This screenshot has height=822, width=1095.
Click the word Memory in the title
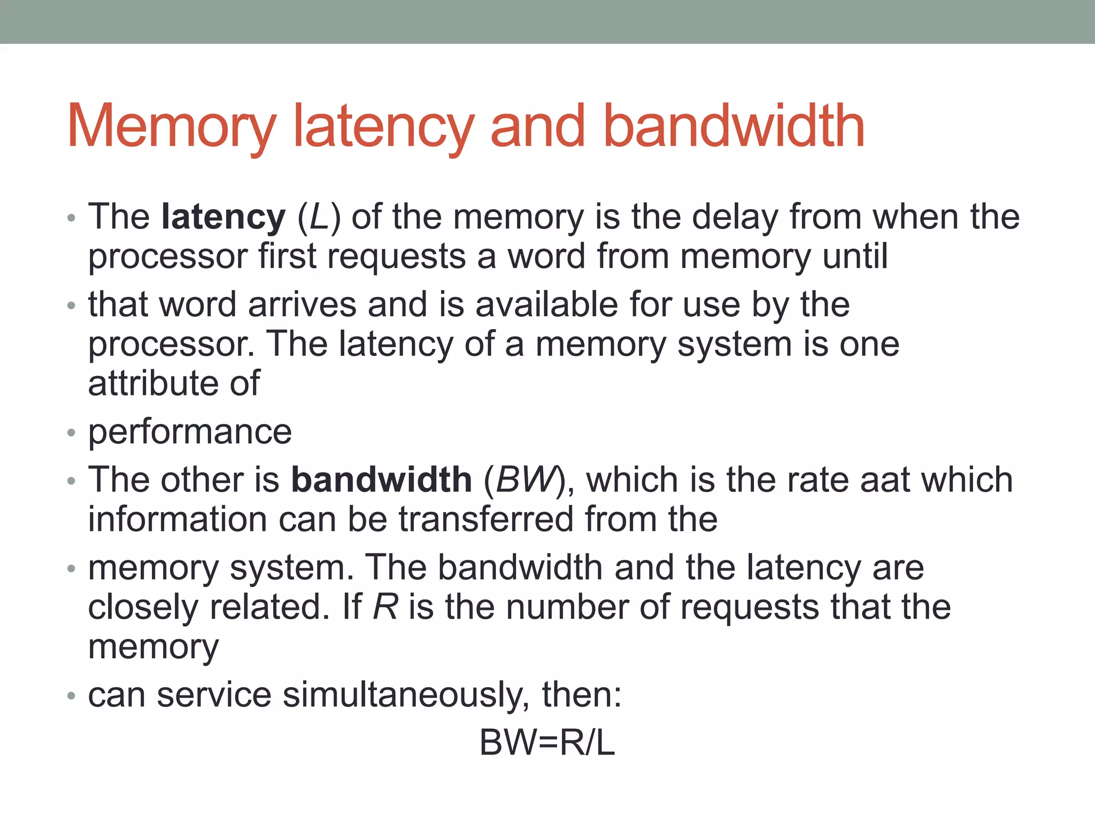[x=171, y=127]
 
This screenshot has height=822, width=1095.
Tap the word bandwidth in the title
[x=734, y=126]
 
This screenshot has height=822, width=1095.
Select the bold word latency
[x=223, y=217]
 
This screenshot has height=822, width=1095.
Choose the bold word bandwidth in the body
[x=381, y=479]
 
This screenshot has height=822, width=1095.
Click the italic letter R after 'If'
[x=385, y=607]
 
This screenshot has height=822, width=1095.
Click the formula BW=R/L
[x=547, y=743]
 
